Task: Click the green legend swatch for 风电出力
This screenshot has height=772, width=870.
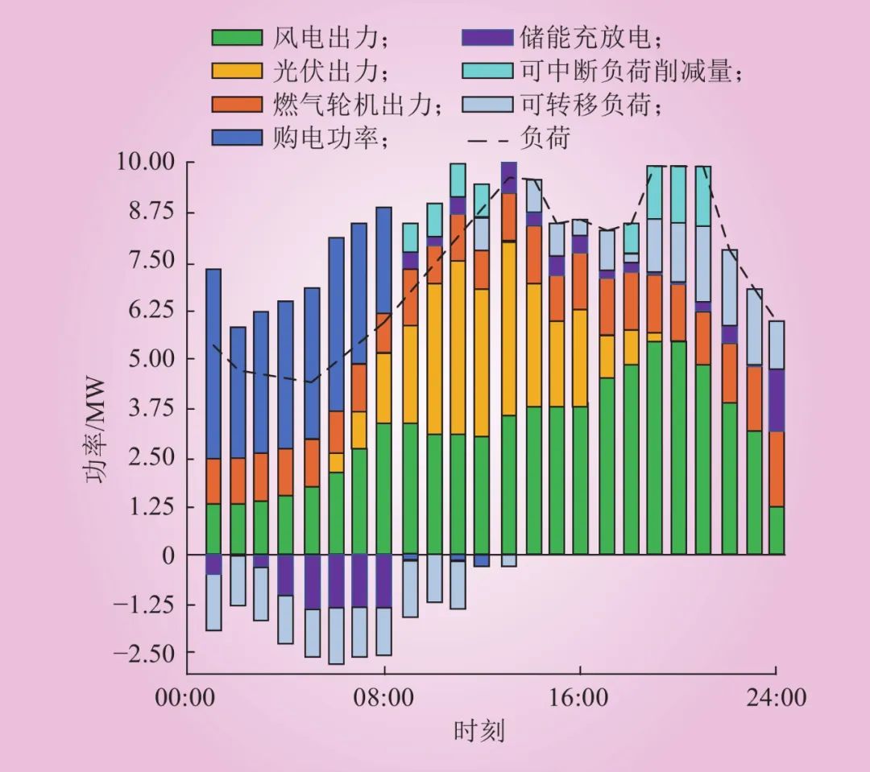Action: (x=237, y=37)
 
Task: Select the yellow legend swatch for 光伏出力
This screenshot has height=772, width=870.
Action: (x=237, y=71)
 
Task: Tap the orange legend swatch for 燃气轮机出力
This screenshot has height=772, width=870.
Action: (x=237, y=105)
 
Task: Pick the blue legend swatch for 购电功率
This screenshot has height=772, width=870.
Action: (x=237, y=138)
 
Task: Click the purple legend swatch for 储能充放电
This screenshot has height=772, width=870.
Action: (x=487, y=37)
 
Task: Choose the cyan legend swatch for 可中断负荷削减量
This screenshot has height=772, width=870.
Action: (x=487, y=71)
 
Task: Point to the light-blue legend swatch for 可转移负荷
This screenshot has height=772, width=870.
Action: (x=487, y=105)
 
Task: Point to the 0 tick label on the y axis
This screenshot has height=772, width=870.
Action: (x=169, y=555)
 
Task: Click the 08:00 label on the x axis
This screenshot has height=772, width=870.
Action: (x=384, y=697)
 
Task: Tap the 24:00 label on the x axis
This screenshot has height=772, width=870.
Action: (x=776, y=697)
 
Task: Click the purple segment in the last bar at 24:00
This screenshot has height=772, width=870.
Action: (x=776, y=400)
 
